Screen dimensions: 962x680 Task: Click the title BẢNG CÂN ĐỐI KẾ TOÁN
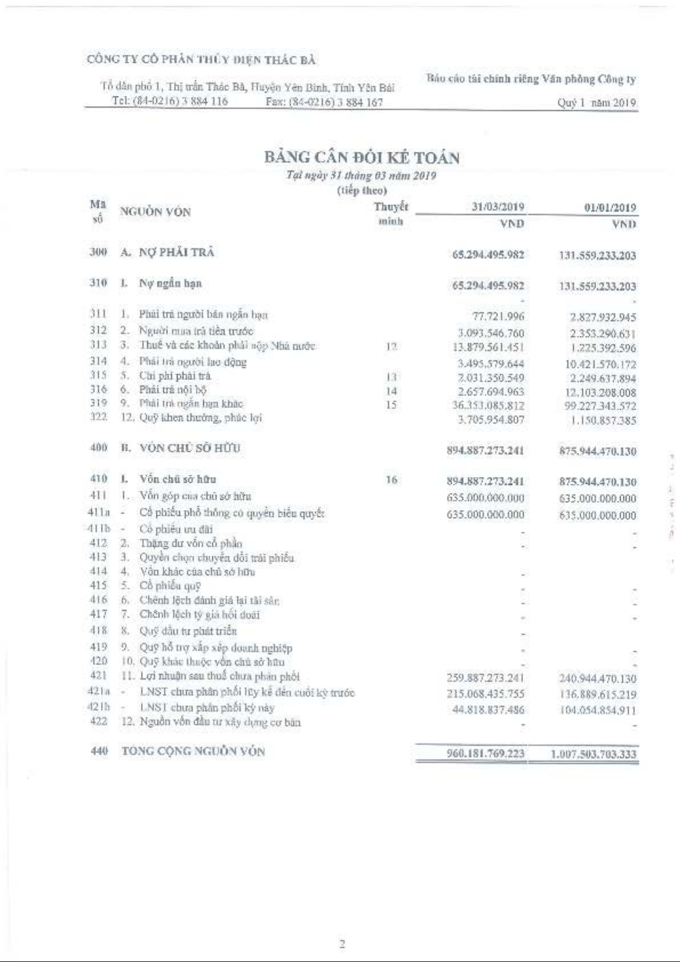362,157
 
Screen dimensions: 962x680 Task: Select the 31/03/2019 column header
497,207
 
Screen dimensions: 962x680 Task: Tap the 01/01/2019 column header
609,208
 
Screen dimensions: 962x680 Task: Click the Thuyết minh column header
391,213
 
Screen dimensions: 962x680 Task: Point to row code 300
98,252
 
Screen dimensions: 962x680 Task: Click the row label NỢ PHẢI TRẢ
176,252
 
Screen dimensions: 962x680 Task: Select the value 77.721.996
498,316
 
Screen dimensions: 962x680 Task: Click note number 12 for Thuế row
391,347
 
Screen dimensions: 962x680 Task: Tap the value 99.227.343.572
600,406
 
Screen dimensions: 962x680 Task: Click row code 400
99,448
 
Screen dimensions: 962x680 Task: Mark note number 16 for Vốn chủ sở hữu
391,480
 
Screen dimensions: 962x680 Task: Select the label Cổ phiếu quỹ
170,585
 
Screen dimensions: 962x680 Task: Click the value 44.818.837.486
488,710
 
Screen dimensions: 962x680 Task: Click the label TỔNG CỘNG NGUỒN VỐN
193,751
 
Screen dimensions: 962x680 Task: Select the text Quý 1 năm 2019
596,103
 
